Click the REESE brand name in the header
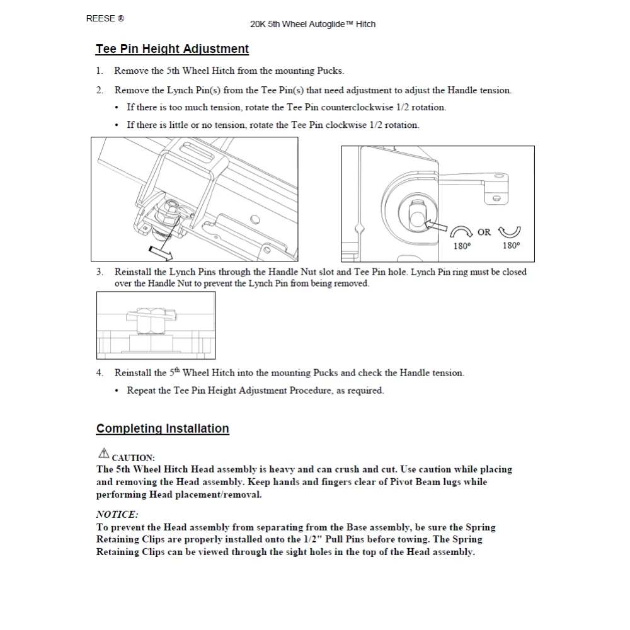pyautogui.click(x=101, y=18)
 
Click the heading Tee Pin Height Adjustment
pyautogui.click(x=172, y=49)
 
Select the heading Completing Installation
pyautogui.click(x=163, y=428)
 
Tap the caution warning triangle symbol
pyautogui.click(x=103, y=452)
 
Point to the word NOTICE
pyautogui.click(x=117, y=515)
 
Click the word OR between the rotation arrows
pyautogui.click(x=484, y=232)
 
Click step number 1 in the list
pyautogui.click(x=100, y=71)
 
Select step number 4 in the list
pyautogui.click(x=100, y=372)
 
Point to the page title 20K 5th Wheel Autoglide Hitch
pyautogui.click(x=312, y=24)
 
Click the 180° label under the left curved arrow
pyautogui.click(x=462, y=246)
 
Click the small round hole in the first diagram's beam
pyautogui.click(x=253, y=220)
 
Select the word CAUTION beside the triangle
pyautogui.click(x=133, y=458)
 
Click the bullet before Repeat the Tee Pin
pyautogui.click(x=117, y=391)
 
